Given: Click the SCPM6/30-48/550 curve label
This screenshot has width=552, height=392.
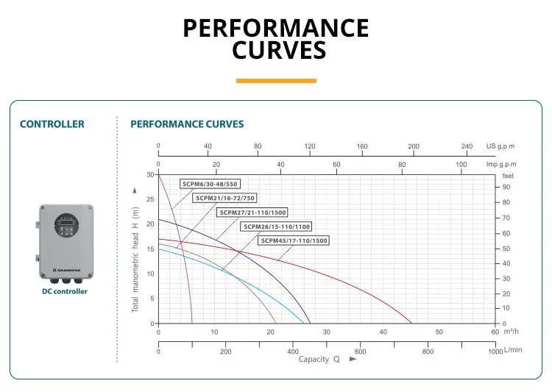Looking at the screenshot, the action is click(210, 184).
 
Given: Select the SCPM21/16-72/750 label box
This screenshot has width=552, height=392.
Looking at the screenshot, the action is click(225, 198).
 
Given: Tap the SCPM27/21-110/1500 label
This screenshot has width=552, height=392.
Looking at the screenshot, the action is click(252, 213).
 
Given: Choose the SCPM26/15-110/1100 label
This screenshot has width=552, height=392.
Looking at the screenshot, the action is click(277, 227).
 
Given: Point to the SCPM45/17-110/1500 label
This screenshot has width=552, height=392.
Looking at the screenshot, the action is click(294, 240).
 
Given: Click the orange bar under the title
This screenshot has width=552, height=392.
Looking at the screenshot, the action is click(276, 81).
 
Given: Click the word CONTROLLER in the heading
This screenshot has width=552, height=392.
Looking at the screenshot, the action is click(52, 124).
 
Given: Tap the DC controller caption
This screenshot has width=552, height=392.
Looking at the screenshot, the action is click(65, 291).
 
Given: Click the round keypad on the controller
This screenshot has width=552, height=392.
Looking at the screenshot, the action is click(66, 225).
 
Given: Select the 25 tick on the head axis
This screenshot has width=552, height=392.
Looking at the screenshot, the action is click(151, 199).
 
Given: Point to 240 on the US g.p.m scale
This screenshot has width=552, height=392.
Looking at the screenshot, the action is click(467, 146).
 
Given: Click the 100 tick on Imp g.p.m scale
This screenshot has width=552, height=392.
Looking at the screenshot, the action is click(461, 164).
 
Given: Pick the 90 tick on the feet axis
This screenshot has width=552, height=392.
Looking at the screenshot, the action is click(506, 187).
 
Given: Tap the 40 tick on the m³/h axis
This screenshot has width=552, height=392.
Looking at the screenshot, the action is click(383, 332).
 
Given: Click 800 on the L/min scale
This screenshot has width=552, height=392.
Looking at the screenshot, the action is click(428, 352).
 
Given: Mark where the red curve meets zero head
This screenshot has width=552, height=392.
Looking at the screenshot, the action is click(412, 324).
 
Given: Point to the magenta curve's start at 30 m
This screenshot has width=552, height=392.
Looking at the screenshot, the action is click(159, 175).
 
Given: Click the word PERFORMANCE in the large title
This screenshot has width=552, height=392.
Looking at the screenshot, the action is click(276, 28).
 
